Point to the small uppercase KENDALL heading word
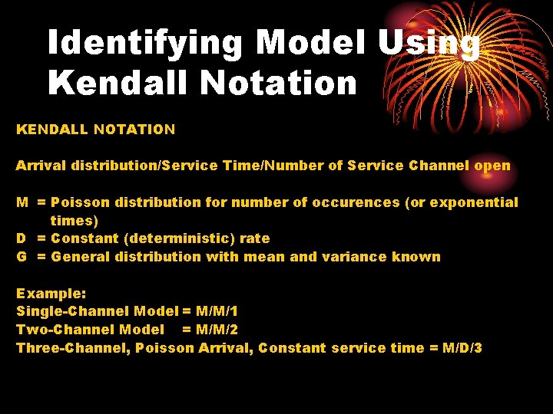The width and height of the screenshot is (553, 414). coord(51,130)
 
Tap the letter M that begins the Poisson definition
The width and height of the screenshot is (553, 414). coord(23,202)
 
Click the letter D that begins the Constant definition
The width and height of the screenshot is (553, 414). coord(22,238)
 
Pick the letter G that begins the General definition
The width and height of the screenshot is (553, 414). coord(22,257)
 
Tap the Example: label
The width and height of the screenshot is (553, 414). coord(45,294)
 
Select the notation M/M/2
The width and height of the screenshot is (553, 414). coord(216,330)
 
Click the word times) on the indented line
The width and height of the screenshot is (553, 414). coord(74,221)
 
